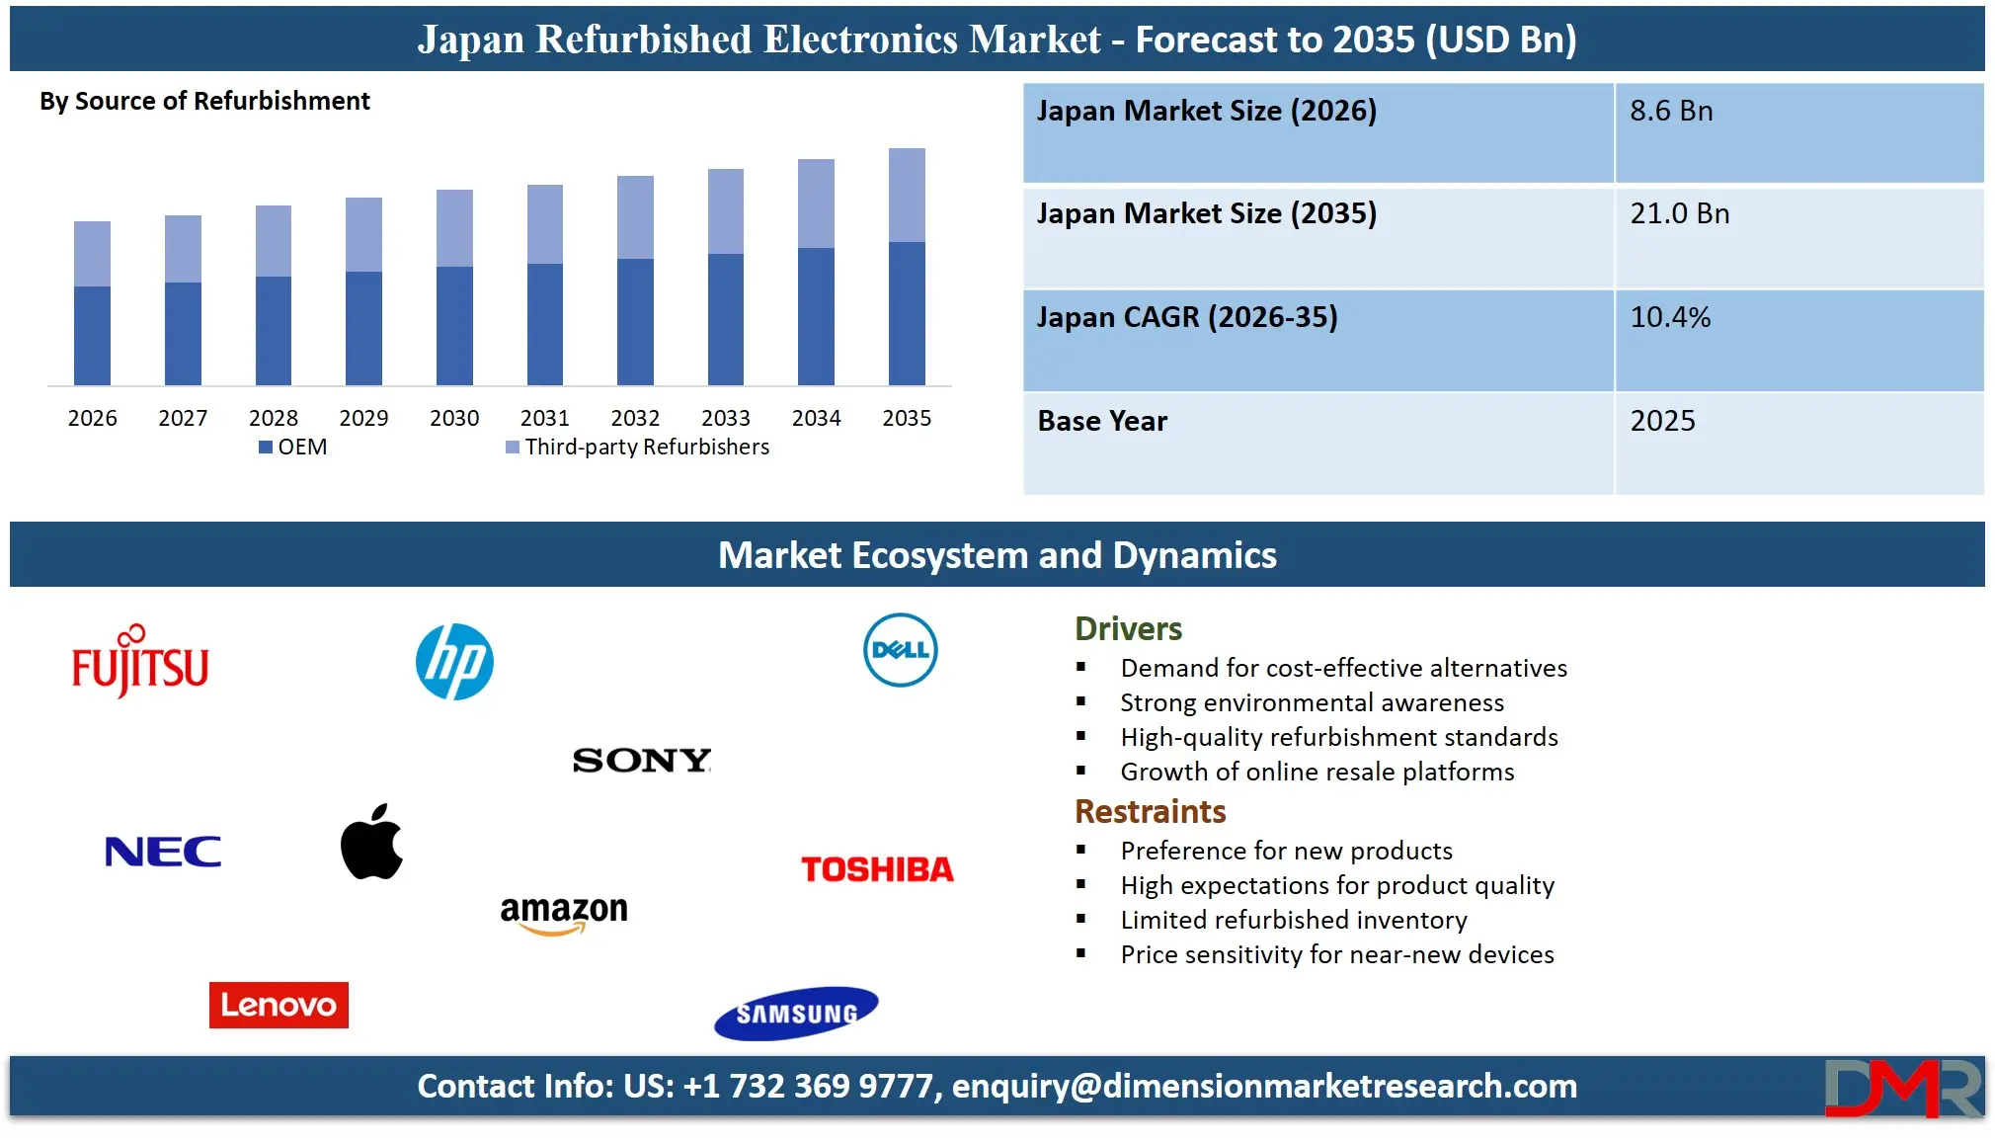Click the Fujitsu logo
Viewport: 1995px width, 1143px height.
[140, 662]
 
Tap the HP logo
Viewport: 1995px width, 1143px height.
[454, 662]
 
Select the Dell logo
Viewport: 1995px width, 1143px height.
[900, 650]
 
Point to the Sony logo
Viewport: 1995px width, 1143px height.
[642, 760]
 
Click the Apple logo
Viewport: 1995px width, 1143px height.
[371, 842]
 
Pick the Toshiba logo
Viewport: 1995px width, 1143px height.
[877, 869]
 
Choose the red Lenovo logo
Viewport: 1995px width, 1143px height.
[279, 1005]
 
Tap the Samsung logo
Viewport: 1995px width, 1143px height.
[796, 1013]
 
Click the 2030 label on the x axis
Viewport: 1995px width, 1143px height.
[454, 418]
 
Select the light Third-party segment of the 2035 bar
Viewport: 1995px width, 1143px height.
[907, 195]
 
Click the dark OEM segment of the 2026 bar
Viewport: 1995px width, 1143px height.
[92, 335]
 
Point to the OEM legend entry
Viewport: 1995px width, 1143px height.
[293, 447]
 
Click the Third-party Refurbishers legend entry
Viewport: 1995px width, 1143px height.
[637, 447]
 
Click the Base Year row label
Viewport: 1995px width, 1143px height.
[1102, 421]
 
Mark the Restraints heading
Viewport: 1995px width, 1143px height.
[1150, 811]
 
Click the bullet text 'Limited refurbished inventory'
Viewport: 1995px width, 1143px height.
[1294, 920]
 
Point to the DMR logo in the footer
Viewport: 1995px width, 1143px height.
[1902, 1087]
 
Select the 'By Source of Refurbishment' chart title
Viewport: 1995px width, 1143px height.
[204, 101]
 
